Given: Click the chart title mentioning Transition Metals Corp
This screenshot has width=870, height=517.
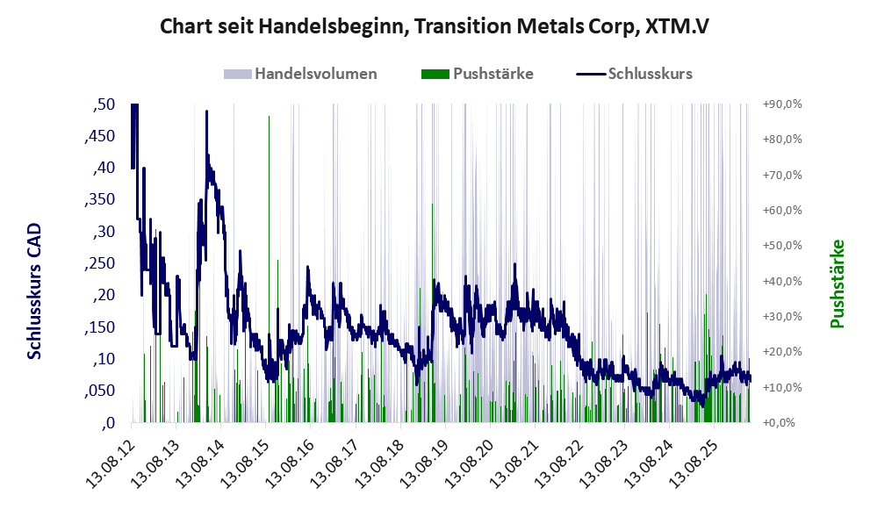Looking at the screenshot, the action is tap(435, 26).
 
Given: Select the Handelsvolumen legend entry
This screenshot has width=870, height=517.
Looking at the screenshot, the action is tap(300, 74).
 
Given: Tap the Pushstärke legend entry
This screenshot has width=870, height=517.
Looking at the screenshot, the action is tap(478, 74).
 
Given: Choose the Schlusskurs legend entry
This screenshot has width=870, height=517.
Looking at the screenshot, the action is tap(634, 74).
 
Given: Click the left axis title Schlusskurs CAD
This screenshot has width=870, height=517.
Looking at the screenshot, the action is tap(34, 291).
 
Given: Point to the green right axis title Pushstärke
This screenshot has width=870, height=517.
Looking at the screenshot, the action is tap(837, 284).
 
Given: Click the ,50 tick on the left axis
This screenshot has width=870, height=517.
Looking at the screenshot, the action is tap(104, 104).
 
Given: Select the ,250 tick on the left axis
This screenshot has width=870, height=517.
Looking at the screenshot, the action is tap(100, 263).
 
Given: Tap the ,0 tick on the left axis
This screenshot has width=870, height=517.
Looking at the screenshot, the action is tap(108, 423).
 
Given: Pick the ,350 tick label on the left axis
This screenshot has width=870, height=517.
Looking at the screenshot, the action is tap(100, 200).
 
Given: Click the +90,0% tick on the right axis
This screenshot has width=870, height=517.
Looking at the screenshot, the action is tap(782, 104).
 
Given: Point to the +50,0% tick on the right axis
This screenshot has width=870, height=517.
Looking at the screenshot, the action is tap(782, 246).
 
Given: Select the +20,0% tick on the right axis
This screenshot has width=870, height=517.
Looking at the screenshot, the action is tap(782, 352).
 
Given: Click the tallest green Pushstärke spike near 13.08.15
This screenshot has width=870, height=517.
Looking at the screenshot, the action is tap(270, 269).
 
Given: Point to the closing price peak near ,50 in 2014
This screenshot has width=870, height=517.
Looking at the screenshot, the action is tap(206, 112).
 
